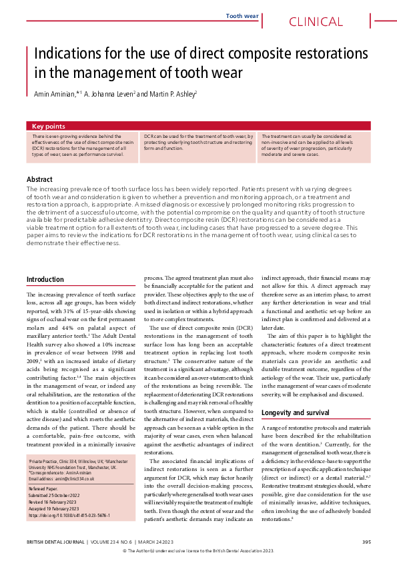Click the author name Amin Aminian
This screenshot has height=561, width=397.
(x=57, y=95)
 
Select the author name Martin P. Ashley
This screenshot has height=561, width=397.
(x=166, y=95)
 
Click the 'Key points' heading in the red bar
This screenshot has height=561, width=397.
(x=49, y=126)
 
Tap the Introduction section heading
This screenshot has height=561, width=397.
(x=45, y=279)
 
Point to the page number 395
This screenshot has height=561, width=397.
(x=366, y=541)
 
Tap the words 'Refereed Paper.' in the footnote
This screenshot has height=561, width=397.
(x=43, y=491)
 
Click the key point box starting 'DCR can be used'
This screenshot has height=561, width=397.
(x=198, y=147)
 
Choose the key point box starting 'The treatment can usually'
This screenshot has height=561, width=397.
(x=313, y=147)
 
